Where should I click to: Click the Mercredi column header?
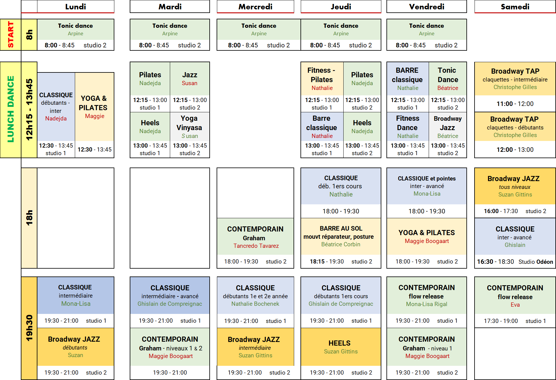pyautogui.click(x=255, y=7)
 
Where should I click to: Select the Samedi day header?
pyautogui.click(x=515, y=7)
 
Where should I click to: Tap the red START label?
pyautogui.click(x=11, y=34)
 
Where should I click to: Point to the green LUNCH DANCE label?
pyautogui.click(x=11, y=109)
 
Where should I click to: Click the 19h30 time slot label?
pyautogui.click(x=29, y=328)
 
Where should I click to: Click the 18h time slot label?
pyautogui.click(x=29, y=218)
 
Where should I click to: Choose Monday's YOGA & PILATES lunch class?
pyautogui.click(x=94, y=103)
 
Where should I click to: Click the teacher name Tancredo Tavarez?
pyautogui.click(x=256, y=246)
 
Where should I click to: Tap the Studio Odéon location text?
pyautogui.click(x=536, y=262)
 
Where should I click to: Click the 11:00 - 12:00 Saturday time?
pyautogui.click(x=515, y=104)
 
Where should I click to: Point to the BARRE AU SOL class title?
pyautogui.click(x=341, y=228)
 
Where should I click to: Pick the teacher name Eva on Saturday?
pyautogui.click(x=515, y=305)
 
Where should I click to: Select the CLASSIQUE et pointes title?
pyautogui.click(x=427, y=178)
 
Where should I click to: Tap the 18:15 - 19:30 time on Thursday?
pyautogui.click(x=327, y=261)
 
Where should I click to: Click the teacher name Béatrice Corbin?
pyautogui.click(x=341, y=244)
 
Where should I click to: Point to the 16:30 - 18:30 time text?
pyautogui.click(x=495, y=262)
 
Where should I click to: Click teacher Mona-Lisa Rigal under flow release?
pyautogui.click(x=427, y=304)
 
